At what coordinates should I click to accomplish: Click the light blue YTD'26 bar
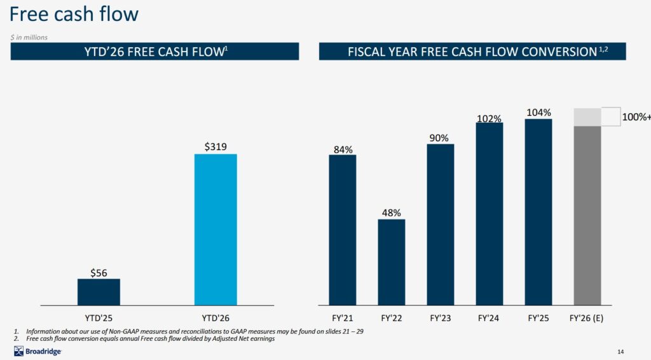216,229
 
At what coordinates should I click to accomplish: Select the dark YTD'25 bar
99,292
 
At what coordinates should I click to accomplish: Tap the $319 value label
216,146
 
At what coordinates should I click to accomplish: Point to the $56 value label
99,273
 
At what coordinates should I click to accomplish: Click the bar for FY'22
392,262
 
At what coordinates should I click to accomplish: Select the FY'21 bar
342,230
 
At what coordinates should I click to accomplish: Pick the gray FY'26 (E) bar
587,215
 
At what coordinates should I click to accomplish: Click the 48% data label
392,212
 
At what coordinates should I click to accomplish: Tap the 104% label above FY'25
538,112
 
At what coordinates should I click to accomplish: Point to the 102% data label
490,118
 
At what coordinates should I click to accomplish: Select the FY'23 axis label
441,317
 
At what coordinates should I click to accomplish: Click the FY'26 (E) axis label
587,317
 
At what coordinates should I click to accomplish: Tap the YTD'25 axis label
99,317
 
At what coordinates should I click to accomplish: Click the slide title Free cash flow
75,14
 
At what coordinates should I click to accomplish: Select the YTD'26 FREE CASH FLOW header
154,52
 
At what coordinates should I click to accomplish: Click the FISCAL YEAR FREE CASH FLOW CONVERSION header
472,52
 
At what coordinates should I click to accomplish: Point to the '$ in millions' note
29,37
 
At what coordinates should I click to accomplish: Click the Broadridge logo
38,352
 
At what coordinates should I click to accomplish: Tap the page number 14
620,352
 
